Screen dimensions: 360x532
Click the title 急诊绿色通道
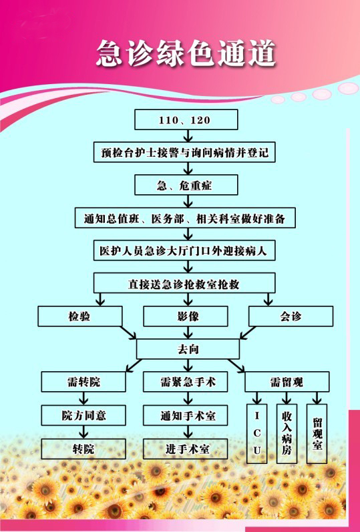pos(186,53)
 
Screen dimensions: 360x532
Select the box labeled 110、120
pos(186,119)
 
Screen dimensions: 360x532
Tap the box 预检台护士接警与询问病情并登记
pos(184,152)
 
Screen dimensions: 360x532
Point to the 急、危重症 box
pos(186,185)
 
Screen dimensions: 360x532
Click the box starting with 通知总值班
pos(185,218)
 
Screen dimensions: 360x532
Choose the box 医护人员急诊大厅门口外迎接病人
pos(184,251)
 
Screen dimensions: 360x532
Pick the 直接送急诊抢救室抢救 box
pos(184,283)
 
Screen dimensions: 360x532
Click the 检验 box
pos(79,316)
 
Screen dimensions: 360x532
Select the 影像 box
pos(186,316)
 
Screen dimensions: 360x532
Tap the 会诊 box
pos(291,316)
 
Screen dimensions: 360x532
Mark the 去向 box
pos(188,349)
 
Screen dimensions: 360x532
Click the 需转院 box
pos(83,382)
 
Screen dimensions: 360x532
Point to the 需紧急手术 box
pos(186,382)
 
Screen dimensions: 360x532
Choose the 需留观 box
pos(287,382)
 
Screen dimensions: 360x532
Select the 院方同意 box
pos(83,415)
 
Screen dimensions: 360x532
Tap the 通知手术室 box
pos(186,415)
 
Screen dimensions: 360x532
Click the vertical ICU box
pos(256,434)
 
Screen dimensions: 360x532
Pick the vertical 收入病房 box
pos(287,434)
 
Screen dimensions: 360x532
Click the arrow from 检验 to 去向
pos(128,332)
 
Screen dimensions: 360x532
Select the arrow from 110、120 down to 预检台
pos(188,136)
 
